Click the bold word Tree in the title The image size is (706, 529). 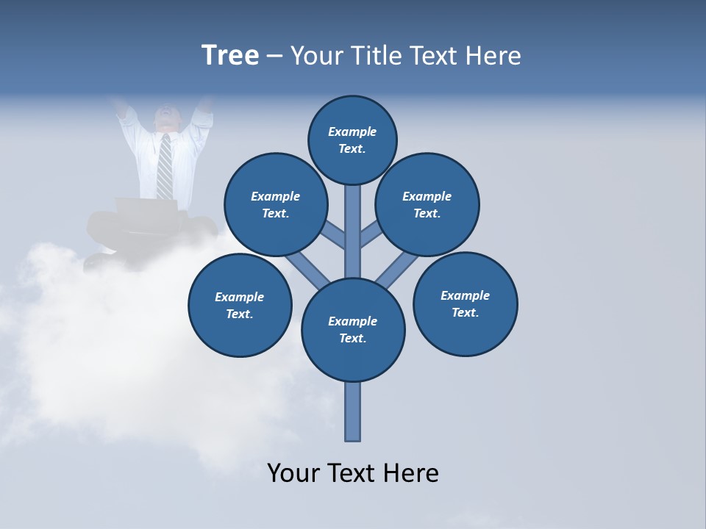[230, 56]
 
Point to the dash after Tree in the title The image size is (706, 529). [274, 57]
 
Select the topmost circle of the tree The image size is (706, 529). [352, 140]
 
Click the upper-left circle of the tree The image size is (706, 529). [276, 204]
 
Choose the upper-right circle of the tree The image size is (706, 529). [427, 204]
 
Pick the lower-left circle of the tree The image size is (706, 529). [240, 305]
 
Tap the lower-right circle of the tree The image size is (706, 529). [465, 303]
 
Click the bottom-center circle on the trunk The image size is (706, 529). [353, 329]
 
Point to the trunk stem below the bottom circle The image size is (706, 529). [353, 411]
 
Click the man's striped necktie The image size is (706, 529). [165, 166]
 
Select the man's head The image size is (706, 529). [166, 118]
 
